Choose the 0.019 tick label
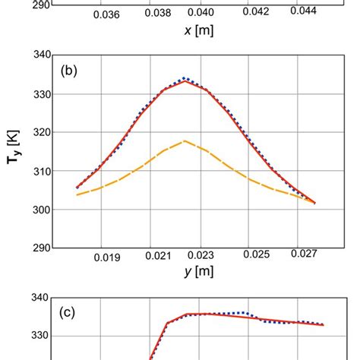[107, 258]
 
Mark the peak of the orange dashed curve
[185, 141]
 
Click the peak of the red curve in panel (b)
[185, 81]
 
